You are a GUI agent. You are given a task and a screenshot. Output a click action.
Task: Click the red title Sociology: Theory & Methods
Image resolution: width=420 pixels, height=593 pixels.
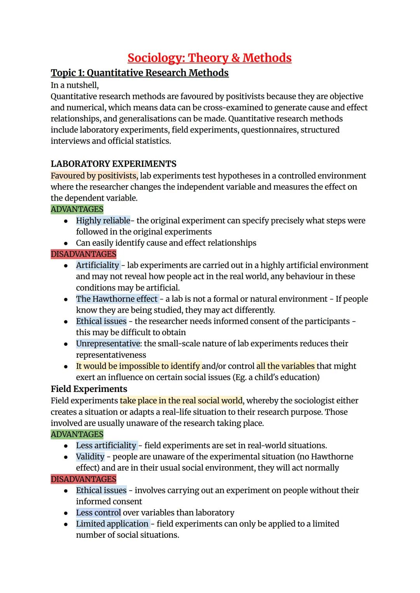[209, 58]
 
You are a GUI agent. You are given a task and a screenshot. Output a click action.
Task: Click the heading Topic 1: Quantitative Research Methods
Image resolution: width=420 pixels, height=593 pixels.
[140, 73]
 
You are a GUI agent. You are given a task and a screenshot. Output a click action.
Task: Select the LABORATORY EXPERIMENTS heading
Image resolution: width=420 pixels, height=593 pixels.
[114, 164]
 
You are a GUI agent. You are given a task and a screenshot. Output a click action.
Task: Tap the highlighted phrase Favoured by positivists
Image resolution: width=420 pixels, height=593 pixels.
[94, 176]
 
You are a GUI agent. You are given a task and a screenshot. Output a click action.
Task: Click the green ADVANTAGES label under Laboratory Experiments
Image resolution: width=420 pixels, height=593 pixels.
[77, 209]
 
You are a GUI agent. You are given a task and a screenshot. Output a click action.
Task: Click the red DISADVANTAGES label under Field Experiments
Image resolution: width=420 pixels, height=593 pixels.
[84, 479]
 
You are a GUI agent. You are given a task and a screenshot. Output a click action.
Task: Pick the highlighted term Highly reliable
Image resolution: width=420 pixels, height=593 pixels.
[103, 220]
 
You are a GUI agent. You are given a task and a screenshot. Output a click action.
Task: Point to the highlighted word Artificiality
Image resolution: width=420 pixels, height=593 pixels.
[98, 265]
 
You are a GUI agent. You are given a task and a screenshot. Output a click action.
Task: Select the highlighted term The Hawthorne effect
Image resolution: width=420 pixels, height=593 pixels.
[117, 299]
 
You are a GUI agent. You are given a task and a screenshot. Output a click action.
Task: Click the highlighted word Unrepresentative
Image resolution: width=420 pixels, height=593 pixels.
[108, 344]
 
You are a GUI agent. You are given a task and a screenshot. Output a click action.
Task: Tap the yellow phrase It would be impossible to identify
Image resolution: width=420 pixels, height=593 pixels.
[138, 366]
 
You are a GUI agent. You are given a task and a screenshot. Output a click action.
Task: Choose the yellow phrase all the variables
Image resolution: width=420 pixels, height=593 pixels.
[285, 366]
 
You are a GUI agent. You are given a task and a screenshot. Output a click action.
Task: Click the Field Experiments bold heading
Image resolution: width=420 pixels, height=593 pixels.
[89, 389]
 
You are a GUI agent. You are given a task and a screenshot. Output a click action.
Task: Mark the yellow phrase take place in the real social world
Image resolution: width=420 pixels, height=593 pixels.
[181, 401]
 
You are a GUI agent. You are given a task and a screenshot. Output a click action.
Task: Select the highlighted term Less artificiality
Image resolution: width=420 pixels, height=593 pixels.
[106, 446]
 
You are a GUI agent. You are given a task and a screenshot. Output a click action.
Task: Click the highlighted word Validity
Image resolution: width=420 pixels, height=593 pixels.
[90, 457]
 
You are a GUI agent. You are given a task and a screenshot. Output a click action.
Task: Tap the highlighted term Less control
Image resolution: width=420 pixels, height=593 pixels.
[98, 513]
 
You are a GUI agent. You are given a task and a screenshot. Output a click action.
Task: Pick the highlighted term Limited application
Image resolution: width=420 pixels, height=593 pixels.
[112, 524]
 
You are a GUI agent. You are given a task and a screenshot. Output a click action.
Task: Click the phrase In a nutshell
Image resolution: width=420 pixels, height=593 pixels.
[75, 85]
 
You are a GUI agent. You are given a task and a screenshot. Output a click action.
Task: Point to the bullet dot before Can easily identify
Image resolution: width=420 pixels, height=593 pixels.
[66, 243]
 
